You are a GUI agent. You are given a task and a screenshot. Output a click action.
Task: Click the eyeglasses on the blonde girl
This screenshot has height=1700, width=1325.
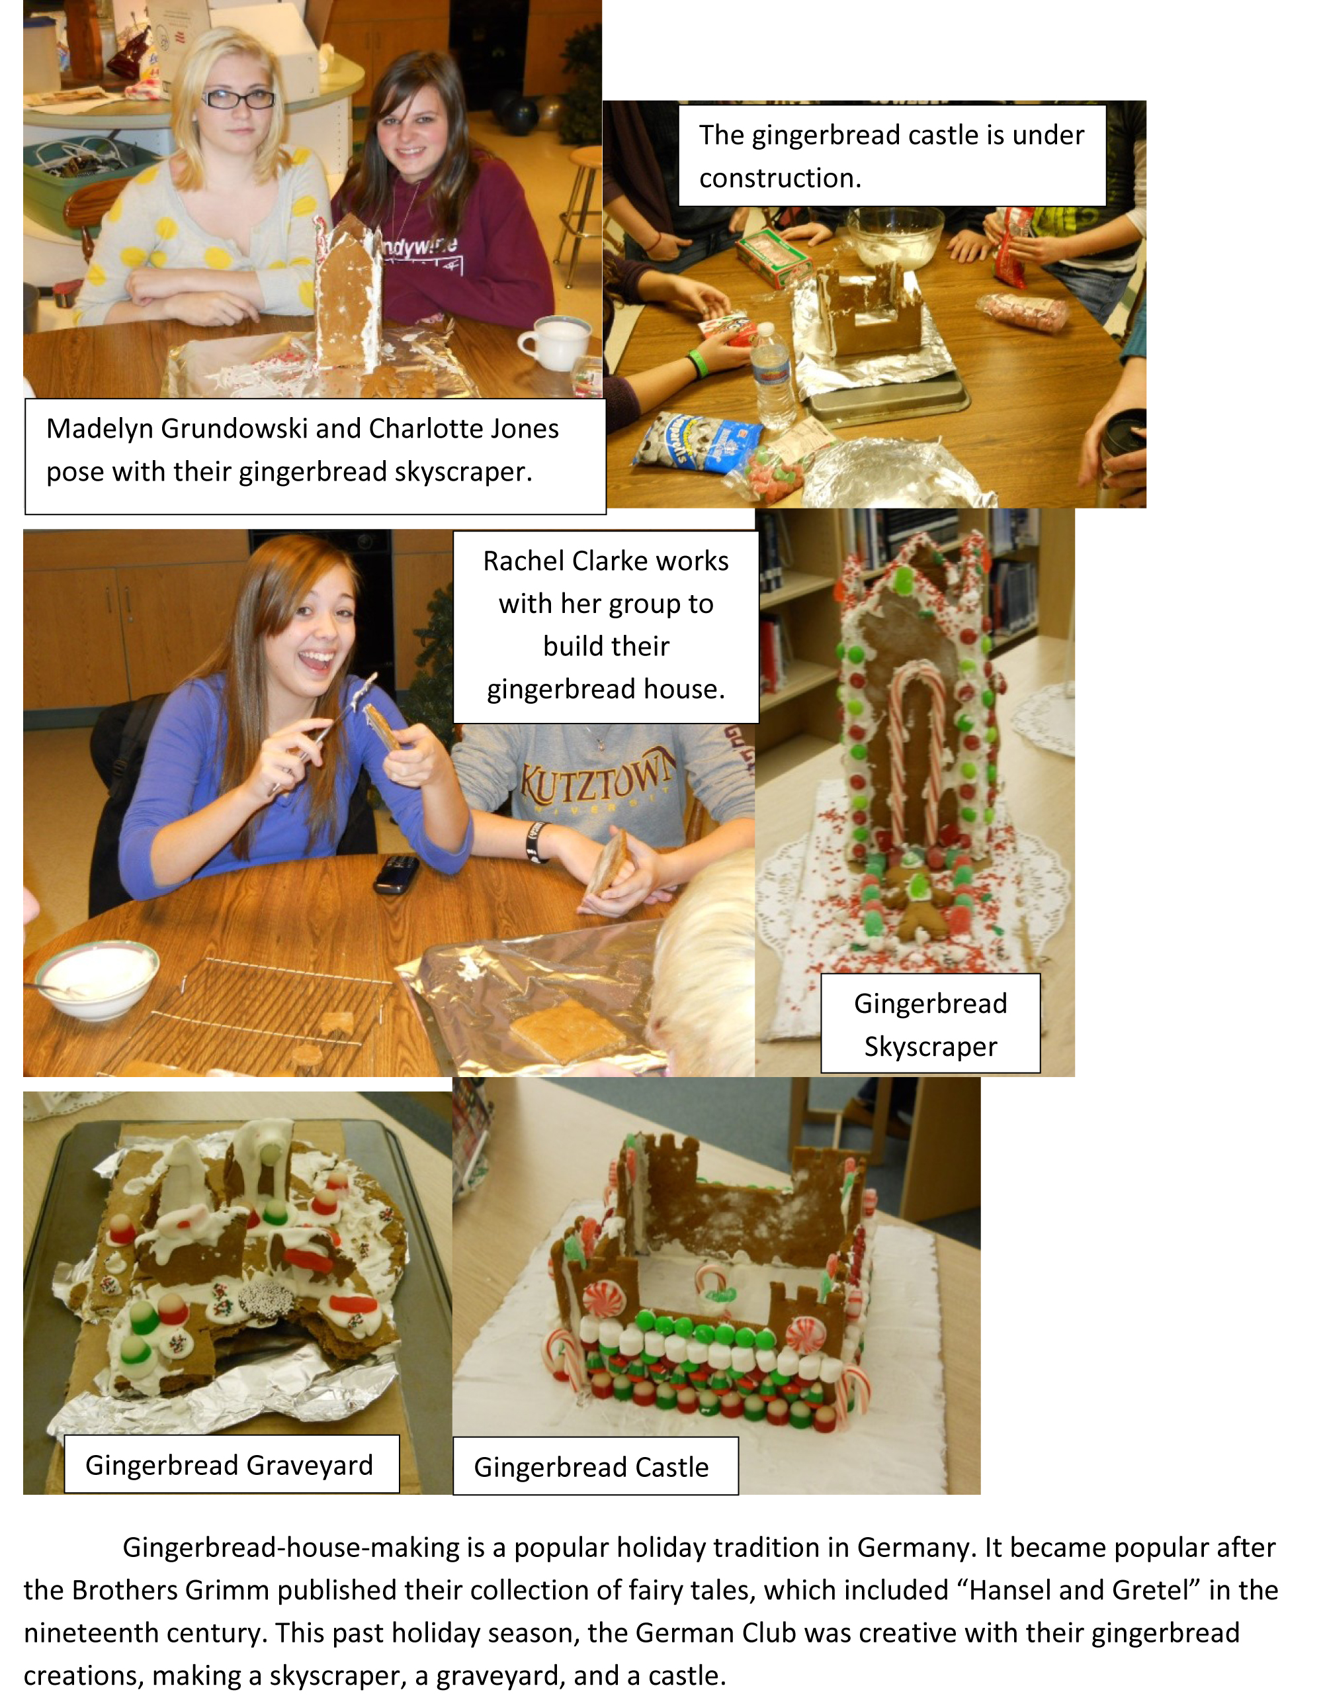238,99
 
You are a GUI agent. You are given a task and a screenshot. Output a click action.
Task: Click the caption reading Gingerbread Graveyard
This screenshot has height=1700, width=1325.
230,1465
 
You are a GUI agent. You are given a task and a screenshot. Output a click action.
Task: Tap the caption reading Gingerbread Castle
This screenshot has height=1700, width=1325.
591,1467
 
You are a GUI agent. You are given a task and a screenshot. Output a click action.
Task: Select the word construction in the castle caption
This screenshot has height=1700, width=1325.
780,178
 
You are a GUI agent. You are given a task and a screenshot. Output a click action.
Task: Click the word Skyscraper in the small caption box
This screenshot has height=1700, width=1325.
931,1046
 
